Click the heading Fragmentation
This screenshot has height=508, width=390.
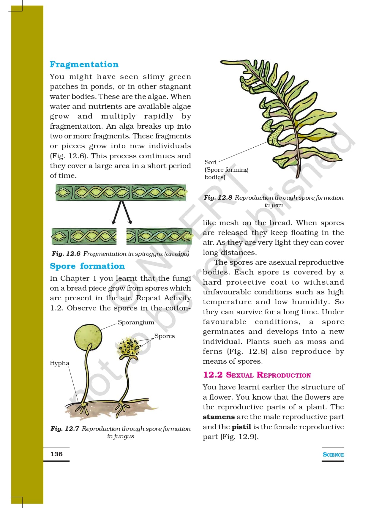[x=84, y=64]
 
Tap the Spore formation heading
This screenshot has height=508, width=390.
[x=87, y=266]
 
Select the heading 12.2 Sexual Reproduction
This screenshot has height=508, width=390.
[x=257, y=375]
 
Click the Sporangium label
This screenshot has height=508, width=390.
[x=136, y=322]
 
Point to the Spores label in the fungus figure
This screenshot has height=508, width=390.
[x=165, y=336]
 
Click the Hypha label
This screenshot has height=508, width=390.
[x=59, y=363]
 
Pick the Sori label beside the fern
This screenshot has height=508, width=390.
[x=210, y=162]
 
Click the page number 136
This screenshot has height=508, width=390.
[x=56, y=454]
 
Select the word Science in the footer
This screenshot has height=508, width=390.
[x=333, y=455]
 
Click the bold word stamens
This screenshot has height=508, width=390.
[x=219, y=417]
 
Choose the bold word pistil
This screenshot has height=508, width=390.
[x=241, y=427]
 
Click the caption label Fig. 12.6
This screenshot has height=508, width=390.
[x=66, y=254]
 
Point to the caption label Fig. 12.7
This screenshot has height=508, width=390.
[x=65, y=429]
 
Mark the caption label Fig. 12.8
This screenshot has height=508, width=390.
[x=218, y=198]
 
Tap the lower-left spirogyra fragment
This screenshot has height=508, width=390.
[x=84, y=236]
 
